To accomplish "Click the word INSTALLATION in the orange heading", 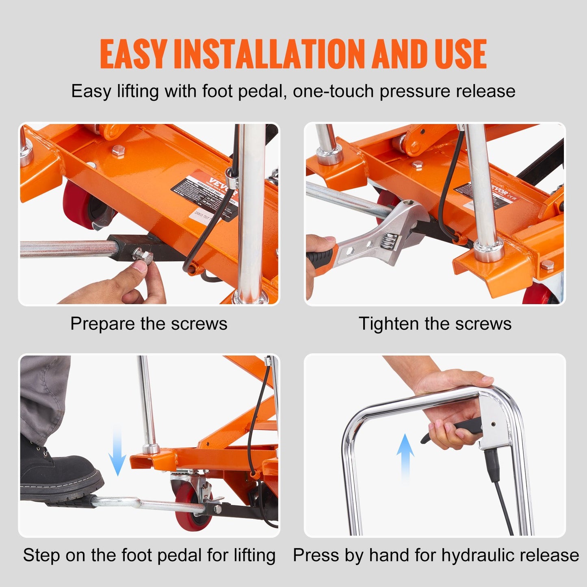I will click(269, 54).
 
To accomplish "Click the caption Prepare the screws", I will click(149, 324).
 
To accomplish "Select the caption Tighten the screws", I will click(435, 324).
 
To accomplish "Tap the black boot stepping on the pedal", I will click(57, 475).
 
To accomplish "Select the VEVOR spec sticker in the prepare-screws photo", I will click(203, 195).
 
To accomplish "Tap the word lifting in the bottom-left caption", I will click(254, 555).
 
